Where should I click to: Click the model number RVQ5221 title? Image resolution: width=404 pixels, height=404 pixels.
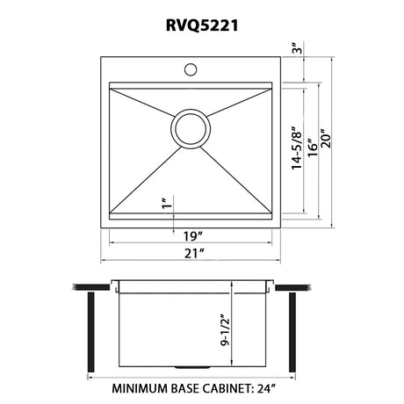202,25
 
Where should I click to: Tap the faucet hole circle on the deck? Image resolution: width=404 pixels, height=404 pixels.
191,69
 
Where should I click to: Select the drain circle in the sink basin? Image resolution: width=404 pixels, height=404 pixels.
191,128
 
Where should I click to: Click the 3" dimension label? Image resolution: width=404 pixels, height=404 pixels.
297,48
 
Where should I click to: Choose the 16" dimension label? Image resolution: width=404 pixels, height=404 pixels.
313,147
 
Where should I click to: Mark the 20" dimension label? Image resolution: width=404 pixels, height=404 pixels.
326,138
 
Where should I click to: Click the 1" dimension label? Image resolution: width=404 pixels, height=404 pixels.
167,203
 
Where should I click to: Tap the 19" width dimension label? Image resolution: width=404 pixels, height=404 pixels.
193,236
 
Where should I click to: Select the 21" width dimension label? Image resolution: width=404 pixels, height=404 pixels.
194,253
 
